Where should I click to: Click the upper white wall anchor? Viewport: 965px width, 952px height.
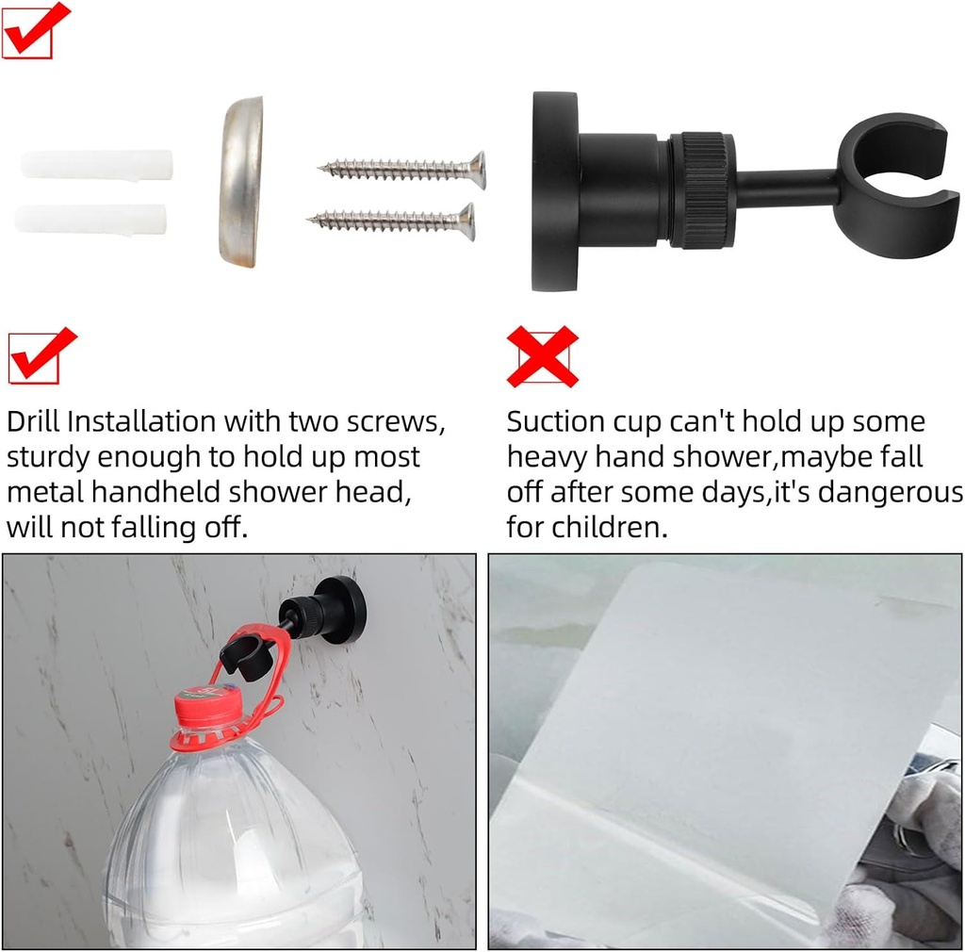pyautogui.click(x=97, y=165)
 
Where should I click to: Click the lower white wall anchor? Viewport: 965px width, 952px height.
pyautogui.click(x=91, y=220)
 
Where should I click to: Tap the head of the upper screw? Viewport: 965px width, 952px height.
pyautogui.click(x=477, y=170)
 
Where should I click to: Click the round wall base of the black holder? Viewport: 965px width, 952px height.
pyautogui.click(x=553, y=190)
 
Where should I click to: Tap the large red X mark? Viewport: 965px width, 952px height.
pyautogui.click(x=542, y=356)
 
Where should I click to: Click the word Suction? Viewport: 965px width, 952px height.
pyautogui.click(x=555, y=421)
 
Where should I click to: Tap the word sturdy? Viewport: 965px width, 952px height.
pyautogui.click(x=48, y=457)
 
